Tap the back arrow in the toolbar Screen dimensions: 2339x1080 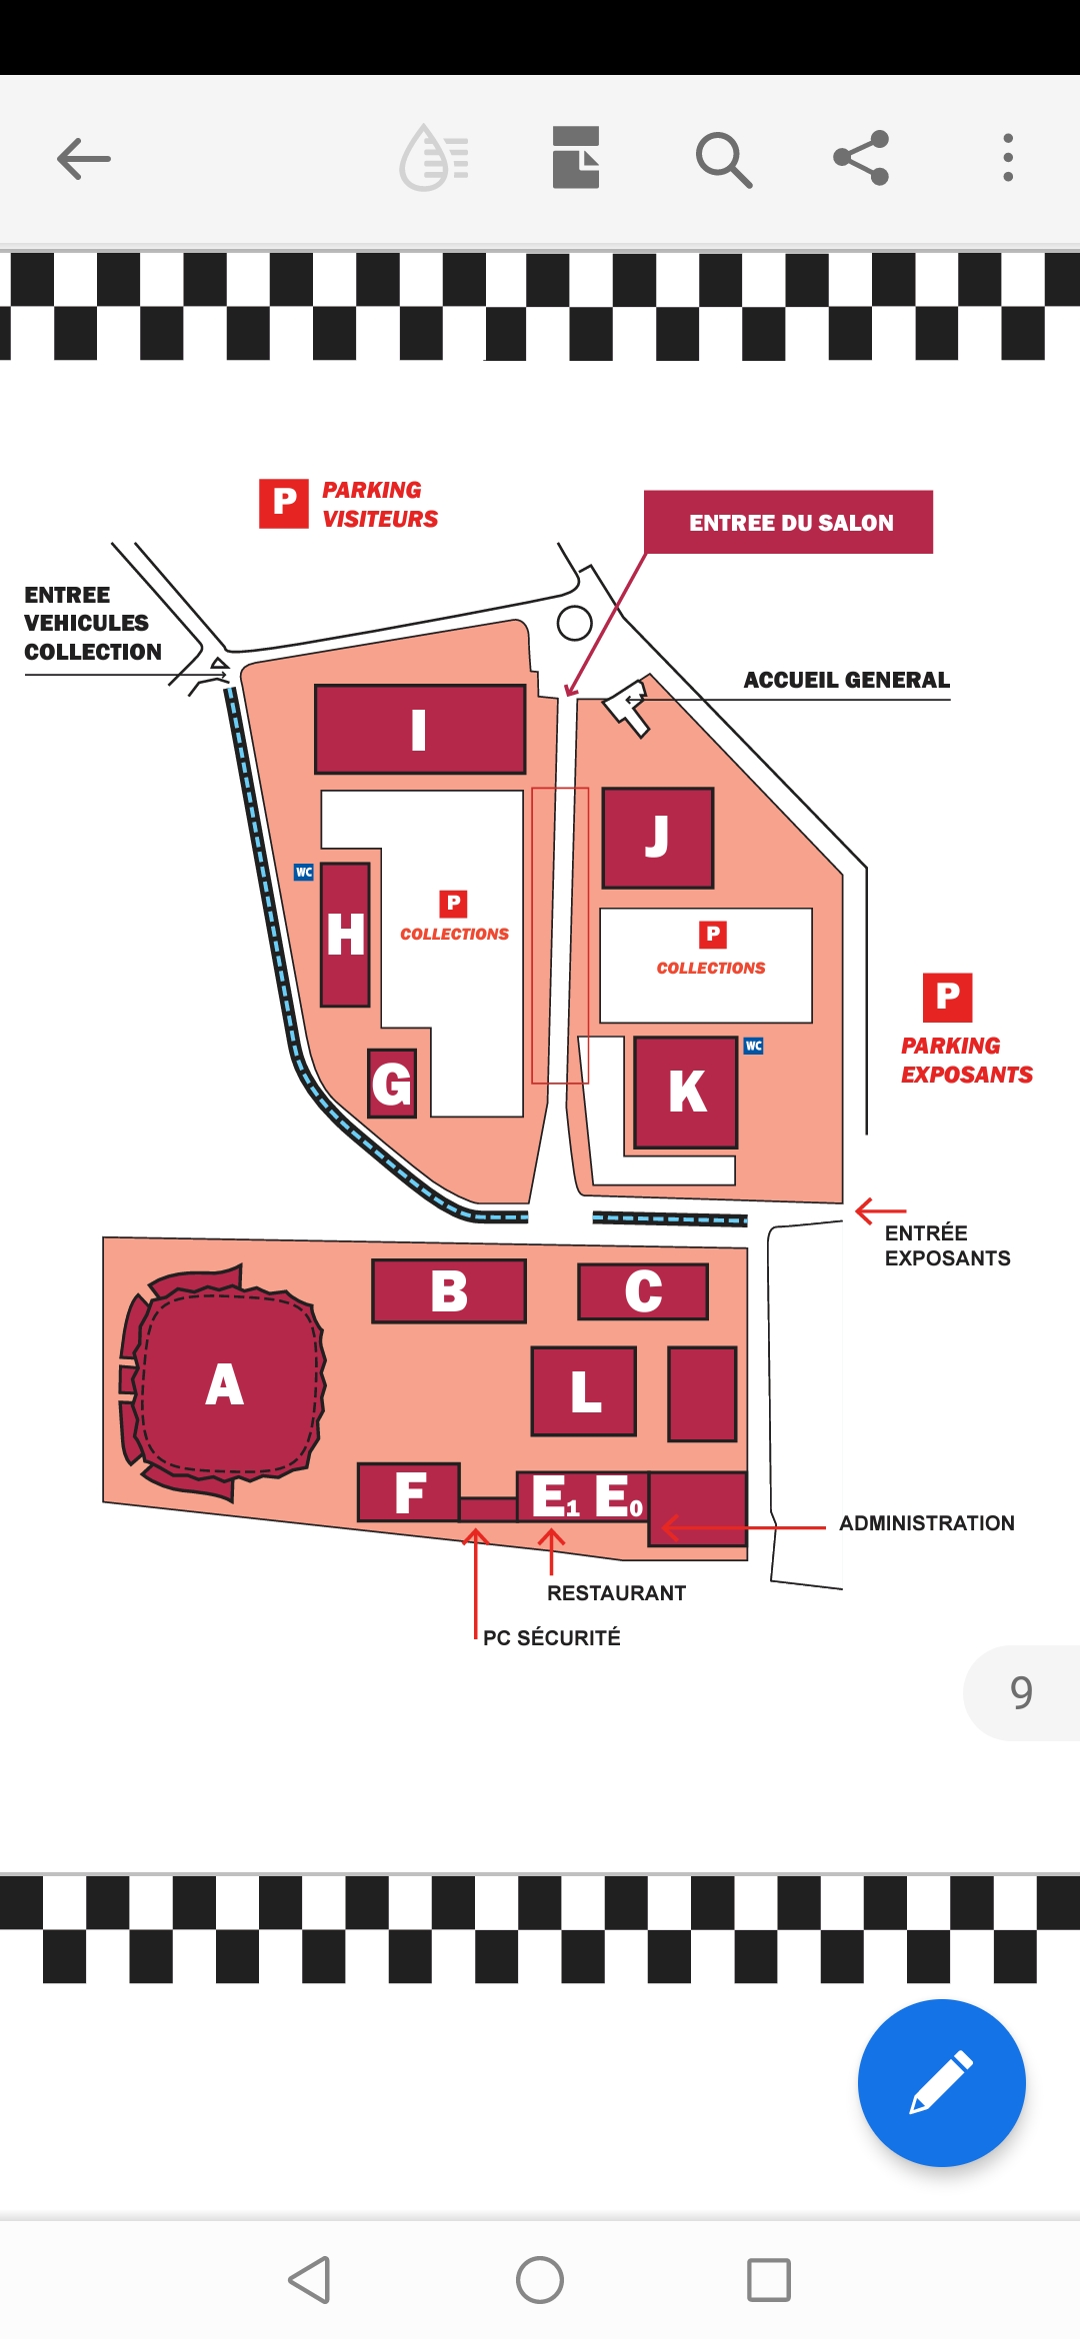pyautogui.click(x=84, y=159)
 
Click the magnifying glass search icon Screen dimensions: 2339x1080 pyautogui.click(x=723, y=159)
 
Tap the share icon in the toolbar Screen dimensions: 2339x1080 pyautogui.click(x=861, y=158)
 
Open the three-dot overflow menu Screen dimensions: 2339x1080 pyautogui.click(x=1008, y=158)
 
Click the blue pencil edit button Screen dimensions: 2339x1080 pyautogui.click(x=941, y=2083)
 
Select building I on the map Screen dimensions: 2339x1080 pyautogui.click(x=420, y=730)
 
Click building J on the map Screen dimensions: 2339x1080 pyautogui.click(x=658, y=838)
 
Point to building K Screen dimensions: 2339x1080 pyautogui.click(x=687, y=1092)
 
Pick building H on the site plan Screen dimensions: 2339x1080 pyautogui.click(x=346, y=935)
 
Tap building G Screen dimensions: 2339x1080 pyautogui.click(x=391, y=1084)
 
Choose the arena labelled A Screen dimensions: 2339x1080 pyautogui.click(x=224, y=1385)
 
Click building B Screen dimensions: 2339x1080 pyautogui.click(x=449, y=1290)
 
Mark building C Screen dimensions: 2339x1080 pyautogui.click(x=643, y=1291)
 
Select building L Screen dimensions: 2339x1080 pyautogui.click(x=584, y=1391)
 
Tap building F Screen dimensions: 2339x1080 pyautogui.click(x=409, y=1492)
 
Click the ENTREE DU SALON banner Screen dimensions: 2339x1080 pyautogui.click(x=789, y=522)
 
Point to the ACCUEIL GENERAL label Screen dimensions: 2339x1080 pyautogui.click(x=846, y=680)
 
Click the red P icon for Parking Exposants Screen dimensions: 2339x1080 pyautogui.click(x=947, y=998)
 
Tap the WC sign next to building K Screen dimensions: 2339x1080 pyautogui.click(x=754, y=1046)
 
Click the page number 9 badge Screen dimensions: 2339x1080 pyautogui.click(x=1021, y=1692)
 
